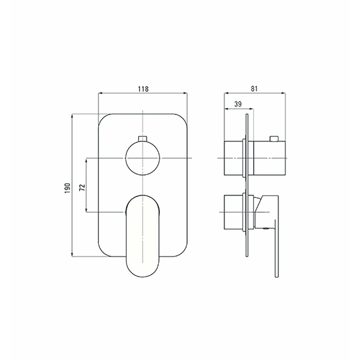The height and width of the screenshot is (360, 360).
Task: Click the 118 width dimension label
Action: tap(143, 89)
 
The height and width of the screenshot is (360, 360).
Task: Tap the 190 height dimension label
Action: tap(67, 188)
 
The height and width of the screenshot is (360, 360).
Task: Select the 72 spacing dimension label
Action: tap(82, 188)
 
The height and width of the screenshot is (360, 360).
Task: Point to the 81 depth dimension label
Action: tap(254, 89)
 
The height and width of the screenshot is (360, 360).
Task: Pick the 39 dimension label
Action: tap(238, 104)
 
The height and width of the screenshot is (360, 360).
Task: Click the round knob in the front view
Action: tap(143, 158)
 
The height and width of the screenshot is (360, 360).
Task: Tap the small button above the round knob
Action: tap(143, 138)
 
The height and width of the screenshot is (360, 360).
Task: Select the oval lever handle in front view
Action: tap(143, 236)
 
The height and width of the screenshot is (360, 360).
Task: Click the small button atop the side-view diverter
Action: tap(274, 138)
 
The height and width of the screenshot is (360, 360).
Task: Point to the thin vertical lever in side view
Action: tap(276, 248)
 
